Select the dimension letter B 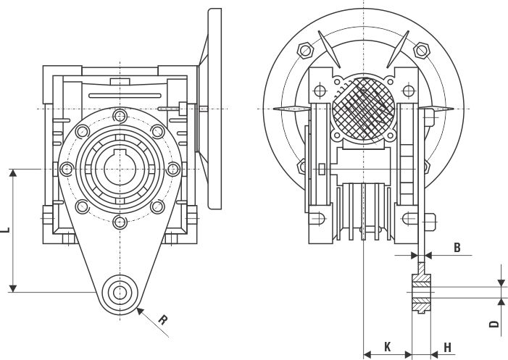(457, 247)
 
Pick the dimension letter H (447, 348)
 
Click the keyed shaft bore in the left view (119, 169)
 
